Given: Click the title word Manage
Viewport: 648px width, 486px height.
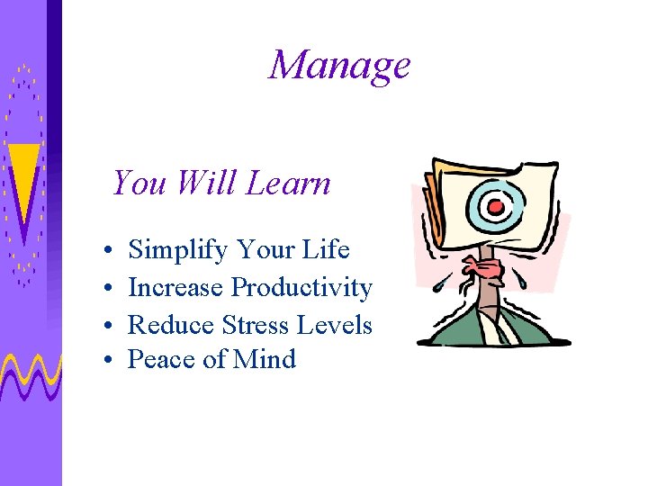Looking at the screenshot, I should pos(339,66).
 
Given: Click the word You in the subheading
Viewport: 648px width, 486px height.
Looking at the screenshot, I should pos(139,184).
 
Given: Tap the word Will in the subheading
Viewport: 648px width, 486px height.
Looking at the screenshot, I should pos(207,184).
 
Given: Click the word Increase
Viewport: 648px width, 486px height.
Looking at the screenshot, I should pos(175,287).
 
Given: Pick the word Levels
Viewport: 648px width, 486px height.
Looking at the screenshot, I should pos(340,324).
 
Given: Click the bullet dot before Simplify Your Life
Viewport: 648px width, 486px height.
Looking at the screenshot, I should pos(107,251).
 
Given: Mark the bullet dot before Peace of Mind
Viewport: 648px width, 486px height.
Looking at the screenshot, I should pos(107,361).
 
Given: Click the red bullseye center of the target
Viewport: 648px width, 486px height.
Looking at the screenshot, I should pos(494,207).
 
